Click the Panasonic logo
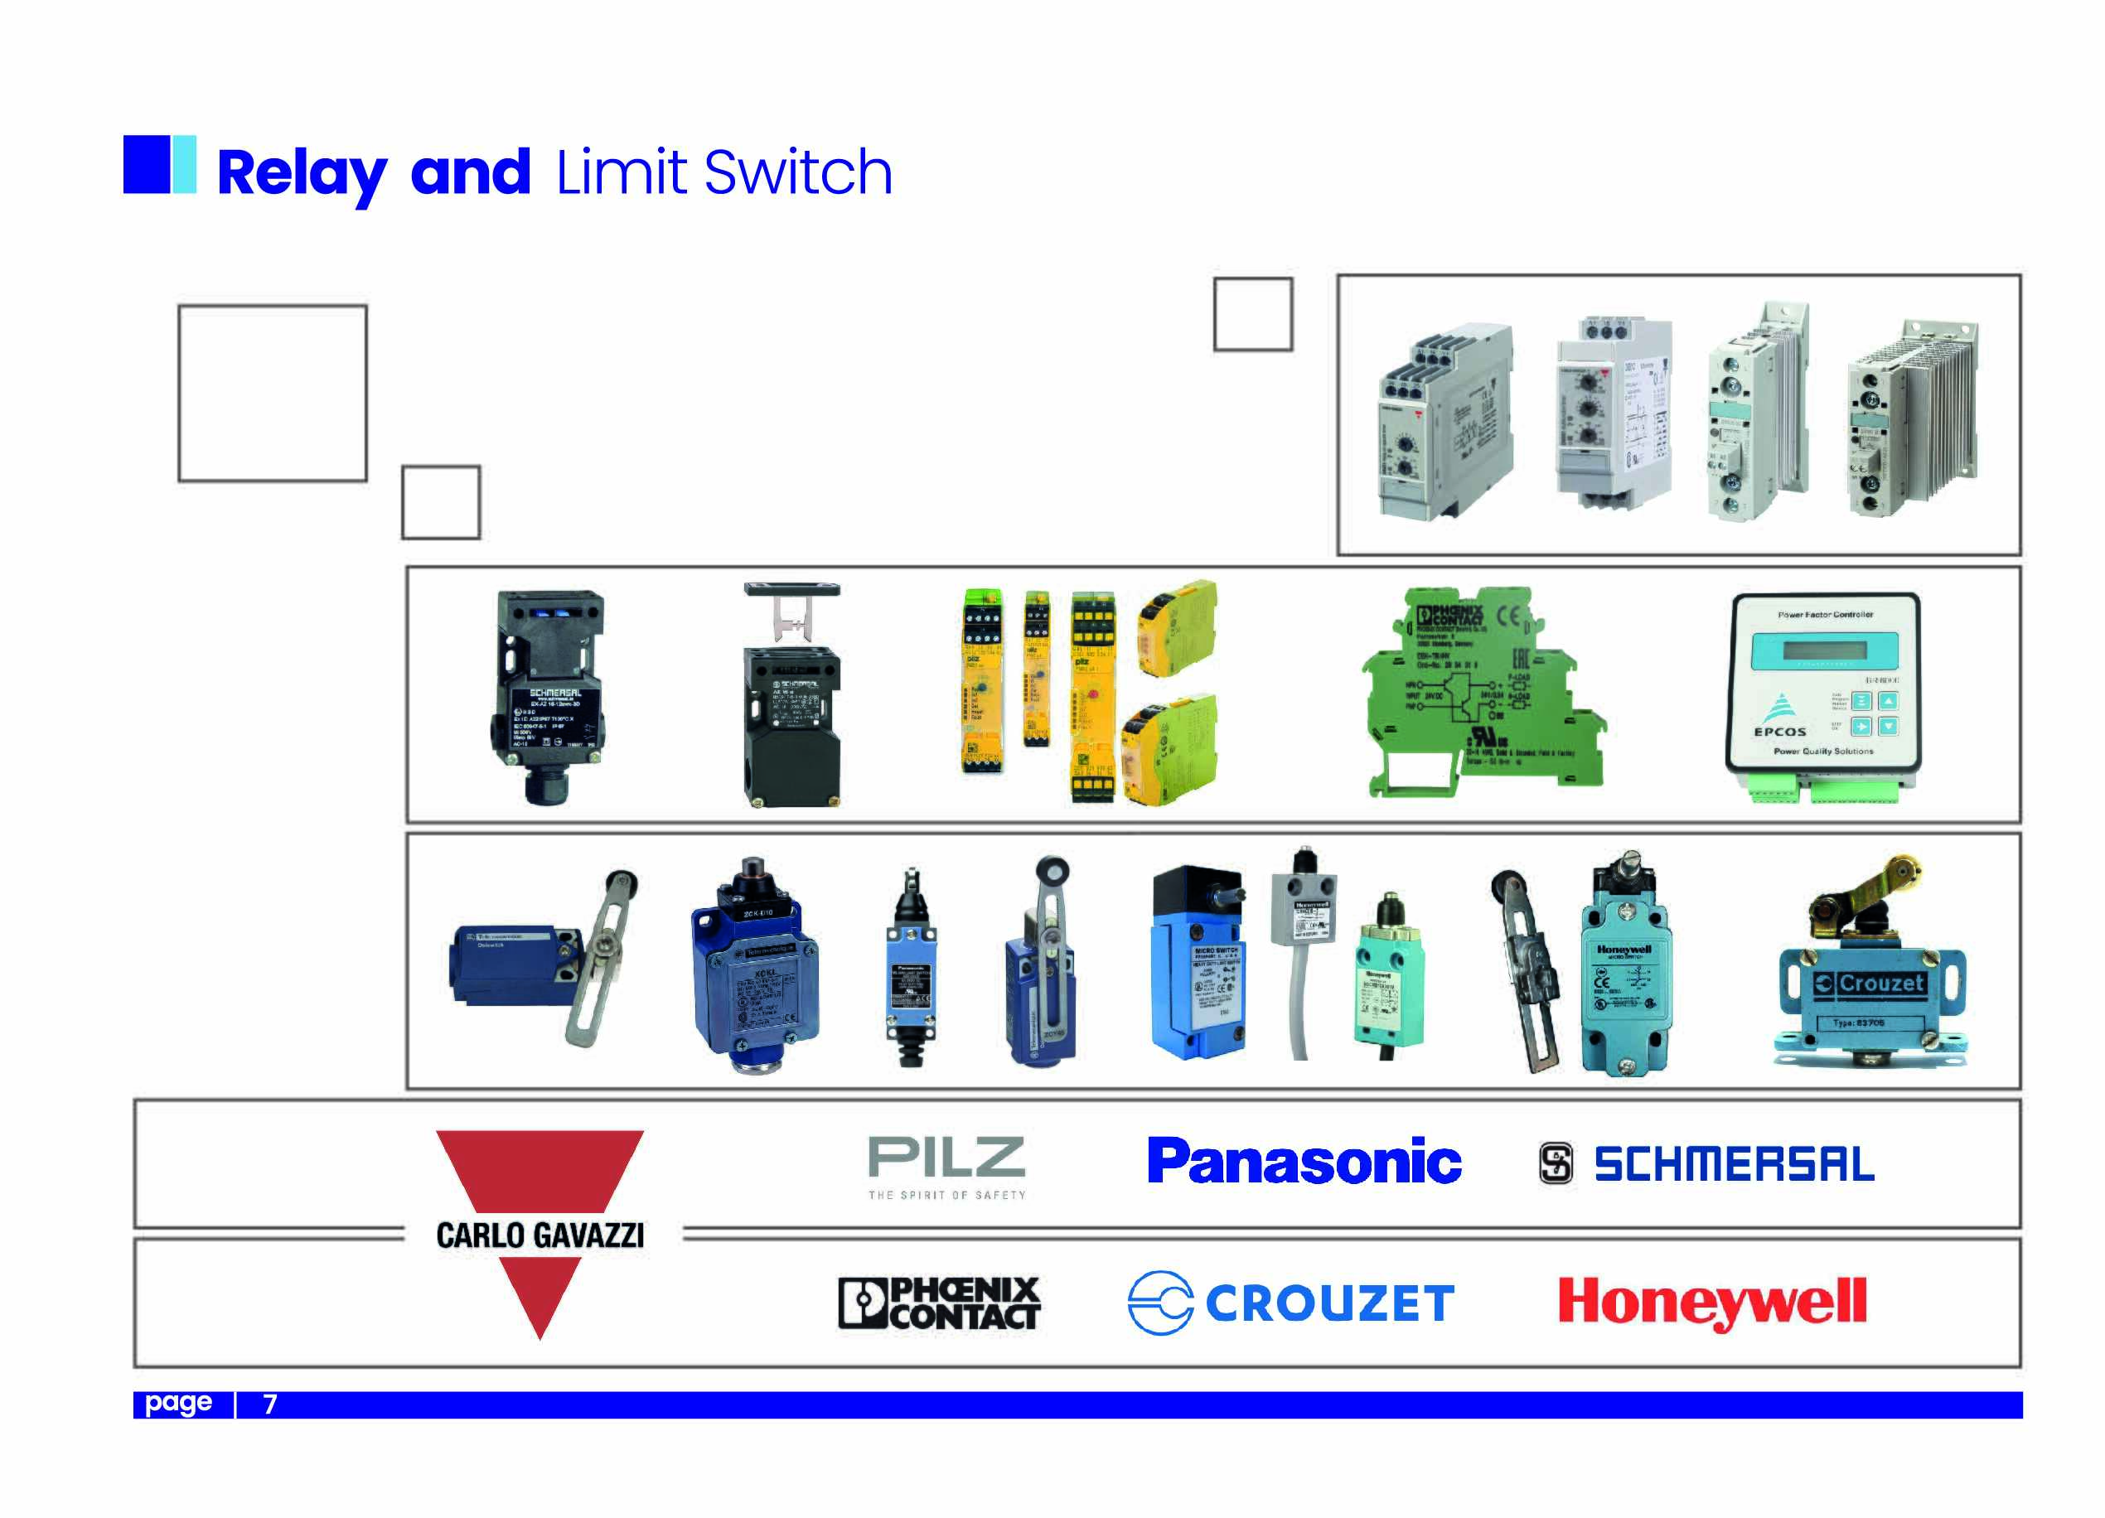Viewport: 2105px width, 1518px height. (1304, 1161)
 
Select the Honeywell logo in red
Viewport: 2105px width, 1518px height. (1711, 1302)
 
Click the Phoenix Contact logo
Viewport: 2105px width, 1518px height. (939, 1303)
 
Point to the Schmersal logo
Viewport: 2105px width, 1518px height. (1706, 1163)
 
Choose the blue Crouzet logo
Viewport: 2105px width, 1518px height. (1290, 1303)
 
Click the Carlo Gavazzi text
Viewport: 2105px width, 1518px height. (540, 1235)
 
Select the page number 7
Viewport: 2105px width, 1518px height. (270, 1404)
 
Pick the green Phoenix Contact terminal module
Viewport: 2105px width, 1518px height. (1483, 691)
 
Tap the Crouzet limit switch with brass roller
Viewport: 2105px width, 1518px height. (1870, 965)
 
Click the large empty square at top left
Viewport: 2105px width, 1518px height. (272, 394)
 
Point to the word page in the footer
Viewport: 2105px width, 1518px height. (178, 1402)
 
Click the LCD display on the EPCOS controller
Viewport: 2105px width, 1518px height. (1824, 649)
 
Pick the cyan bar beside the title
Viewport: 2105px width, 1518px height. (185, 164)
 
